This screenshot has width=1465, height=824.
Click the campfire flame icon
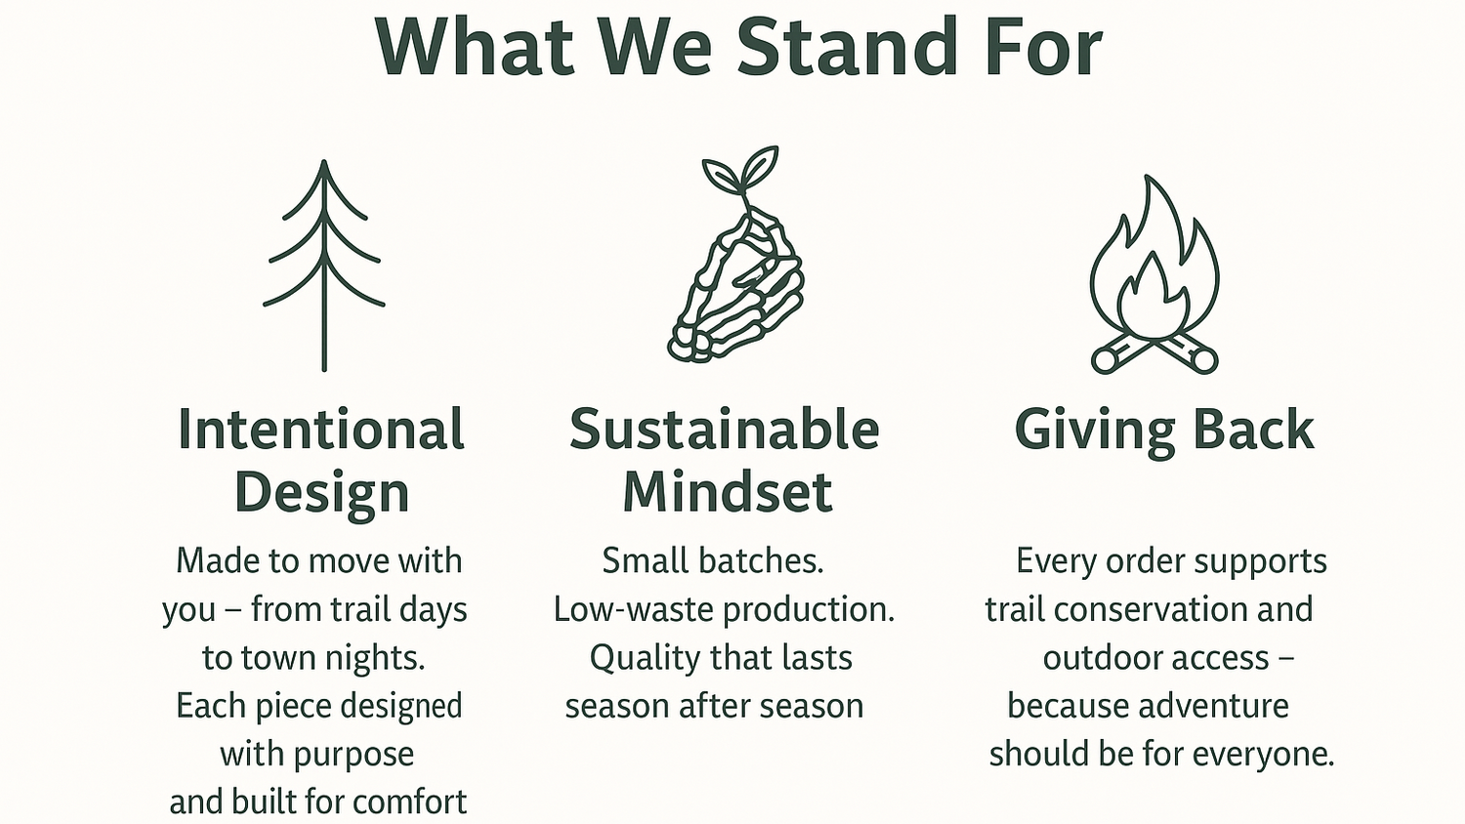point(1154,274)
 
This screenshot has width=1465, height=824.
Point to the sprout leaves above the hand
point(741,169)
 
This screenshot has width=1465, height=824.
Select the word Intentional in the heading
point(321,430)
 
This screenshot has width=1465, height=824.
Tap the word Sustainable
point(725,430)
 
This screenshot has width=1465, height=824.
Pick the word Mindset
point(728,492)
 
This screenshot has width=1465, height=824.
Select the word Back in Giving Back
point(1254,430)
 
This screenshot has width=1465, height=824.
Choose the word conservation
point(1152,609)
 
